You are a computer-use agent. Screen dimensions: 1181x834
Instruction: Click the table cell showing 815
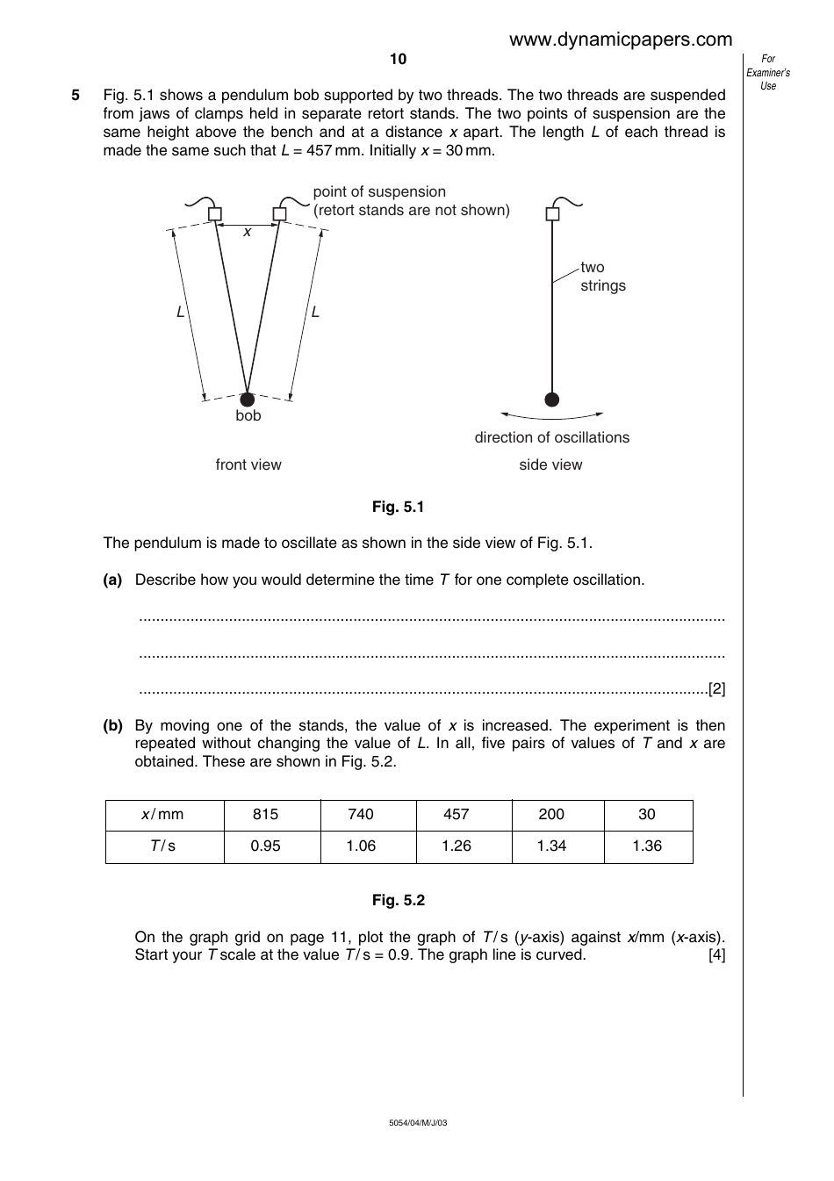(x=265, y=815)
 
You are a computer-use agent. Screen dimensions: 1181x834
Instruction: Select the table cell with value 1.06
(x=361, y=846)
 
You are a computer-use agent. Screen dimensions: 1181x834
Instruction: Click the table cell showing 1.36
(x=647, y=846)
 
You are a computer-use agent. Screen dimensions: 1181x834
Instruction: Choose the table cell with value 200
(x=551, y=815)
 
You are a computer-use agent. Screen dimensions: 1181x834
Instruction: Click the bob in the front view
(x=248, y=400)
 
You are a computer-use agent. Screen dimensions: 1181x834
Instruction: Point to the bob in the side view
(x=551, y=400)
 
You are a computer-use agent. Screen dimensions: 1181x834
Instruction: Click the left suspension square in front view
(x=215, y=213)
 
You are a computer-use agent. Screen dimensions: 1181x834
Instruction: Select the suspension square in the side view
(x=552, y=213)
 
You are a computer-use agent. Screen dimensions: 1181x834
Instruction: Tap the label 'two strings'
(x=603, y=277)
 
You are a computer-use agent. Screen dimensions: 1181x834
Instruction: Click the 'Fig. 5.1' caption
(x=398, y=507)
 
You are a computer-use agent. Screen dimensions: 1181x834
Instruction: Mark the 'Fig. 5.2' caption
(x=398, y=900)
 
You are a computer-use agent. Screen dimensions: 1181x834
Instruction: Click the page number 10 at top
(x=398, y=59)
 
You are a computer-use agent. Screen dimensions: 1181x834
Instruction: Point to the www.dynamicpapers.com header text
(x=620, y=40)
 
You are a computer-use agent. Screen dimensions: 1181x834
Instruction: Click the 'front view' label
(x=248, y=464)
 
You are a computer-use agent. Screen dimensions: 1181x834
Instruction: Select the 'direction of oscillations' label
(x=551, y=437)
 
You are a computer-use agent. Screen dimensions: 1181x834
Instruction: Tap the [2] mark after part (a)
(x=716, y=689)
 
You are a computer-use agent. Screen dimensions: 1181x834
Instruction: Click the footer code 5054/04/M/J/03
(x=418, y=1123)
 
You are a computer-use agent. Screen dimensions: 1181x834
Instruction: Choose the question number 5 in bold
(x=75, y=95)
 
